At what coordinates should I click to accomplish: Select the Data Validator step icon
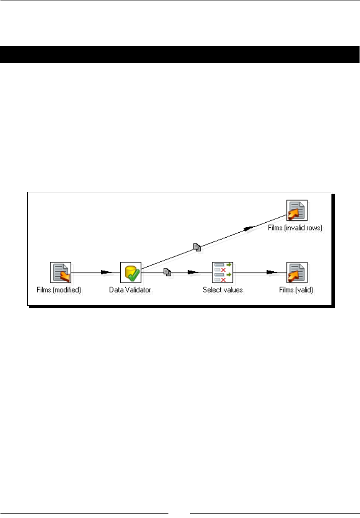coord(131,273)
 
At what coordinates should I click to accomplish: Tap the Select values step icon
coord(222,273)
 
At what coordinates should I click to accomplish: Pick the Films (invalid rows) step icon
coord(297,211)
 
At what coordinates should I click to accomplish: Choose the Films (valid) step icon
coord(297,273)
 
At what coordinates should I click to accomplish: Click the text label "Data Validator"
coord(130,289)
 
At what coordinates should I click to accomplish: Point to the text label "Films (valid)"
coord(297,289)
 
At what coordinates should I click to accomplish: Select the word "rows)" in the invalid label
coord(314,228)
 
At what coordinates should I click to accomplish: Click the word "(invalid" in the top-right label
coord(295,228)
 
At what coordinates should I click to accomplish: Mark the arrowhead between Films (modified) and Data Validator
coord(106,273)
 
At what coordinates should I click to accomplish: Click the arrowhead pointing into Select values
coord(194,273)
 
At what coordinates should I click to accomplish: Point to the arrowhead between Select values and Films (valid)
coord(271,273)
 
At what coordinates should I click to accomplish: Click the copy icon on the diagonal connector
coord(197,247)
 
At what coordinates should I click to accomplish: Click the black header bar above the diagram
coord(180,54)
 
